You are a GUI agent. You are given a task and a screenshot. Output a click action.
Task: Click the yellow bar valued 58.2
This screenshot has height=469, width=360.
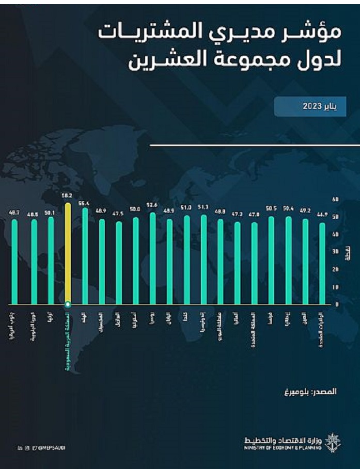pyautogui.click(x=68, y=253)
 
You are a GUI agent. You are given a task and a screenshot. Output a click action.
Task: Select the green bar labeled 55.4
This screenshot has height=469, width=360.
pyautogui.click(x=85, y=255)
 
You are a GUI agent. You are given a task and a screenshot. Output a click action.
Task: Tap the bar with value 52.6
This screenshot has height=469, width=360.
pyautogui.click(x=152, y=258)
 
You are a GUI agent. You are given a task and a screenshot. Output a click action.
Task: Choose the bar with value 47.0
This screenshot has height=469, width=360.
pyautogui.click(x=254, y=263)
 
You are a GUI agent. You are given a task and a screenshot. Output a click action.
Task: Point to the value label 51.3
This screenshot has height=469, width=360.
pyautogui.click(x=203, y=207)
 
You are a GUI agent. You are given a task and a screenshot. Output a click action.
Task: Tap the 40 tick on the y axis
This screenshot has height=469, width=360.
pyautogui.click(x=336, y=234)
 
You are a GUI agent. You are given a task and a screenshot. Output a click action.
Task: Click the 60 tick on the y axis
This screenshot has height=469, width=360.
pyautogui.click(x=336, y=199)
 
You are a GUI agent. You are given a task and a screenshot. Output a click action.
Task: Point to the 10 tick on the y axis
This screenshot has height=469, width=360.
pyautogui.click(x=336, y=287)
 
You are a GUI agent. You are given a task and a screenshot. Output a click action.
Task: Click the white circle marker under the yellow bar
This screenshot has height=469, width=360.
pyautogui.click(x=68, y=304)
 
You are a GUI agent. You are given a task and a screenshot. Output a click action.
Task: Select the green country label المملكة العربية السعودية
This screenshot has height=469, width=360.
pyautogui.click(x=68, y=341)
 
